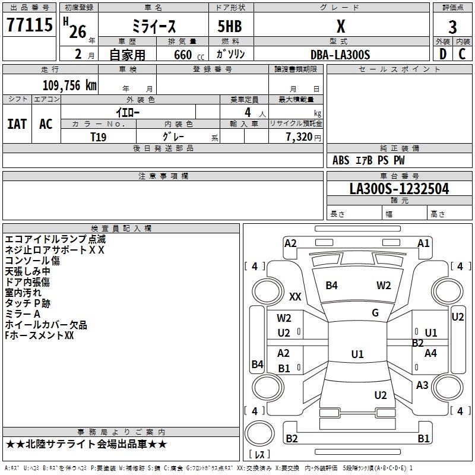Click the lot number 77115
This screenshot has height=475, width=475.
pyautogui.click(x=29, y=26)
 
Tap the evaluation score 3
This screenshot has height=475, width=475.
pyautogui.click(x=452, y=27)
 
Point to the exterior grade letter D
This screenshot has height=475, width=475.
pyautogui.click(x=442, y=53)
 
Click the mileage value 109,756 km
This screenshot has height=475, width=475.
pyautogui.click(x=69, y=85)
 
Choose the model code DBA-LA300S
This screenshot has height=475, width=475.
pyautogui.click(x=340, y=55)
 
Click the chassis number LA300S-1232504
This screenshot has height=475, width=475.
pyautogui.click(x=399, y=189)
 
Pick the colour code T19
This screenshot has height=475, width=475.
pyautogui.click(x=99, y=136)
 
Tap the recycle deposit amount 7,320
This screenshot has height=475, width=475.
pyautogui.click(x=298, y=137)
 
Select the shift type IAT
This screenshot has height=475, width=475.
pyautogui.click(x=17, y=124)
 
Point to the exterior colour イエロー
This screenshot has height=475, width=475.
pyautogui.click(x=127, y=112)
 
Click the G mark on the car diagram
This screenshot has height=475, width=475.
pyautogui.click(x=375, y=313)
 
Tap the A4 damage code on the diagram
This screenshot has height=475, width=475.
pyautogui.click(x=431, y=353)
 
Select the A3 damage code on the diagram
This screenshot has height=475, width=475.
pyautogui.click(x=422, y=385)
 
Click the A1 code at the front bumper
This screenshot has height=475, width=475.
pyautogui.click(x=423, y=243)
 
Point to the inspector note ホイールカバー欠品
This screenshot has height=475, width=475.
pyautogui.click(x=46, y=325)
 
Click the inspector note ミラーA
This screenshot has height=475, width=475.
pyautogui.click(x=23, y=314)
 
